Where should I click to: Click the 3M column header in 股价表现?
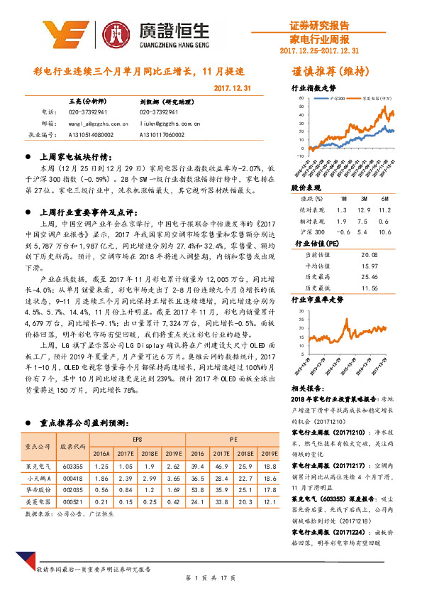tap(364, 199)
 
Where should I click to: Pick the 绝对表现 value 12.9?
tap(365, 211)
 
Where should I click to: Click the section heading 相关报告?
tap(309, 390)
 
